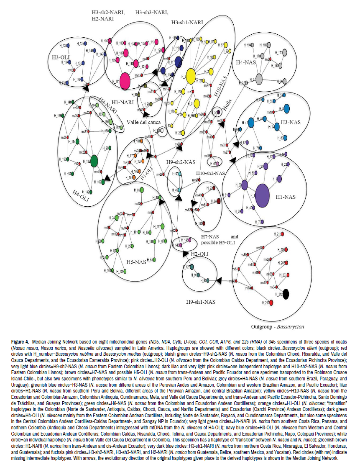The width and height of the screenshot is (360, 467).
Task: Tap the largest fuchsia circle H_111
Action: coord(124,81)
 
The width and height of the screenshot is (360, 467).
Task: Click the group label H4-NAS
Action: coord(245,62)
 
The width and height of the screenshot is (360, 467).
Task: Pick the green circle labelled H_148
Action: coord(75,102)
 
